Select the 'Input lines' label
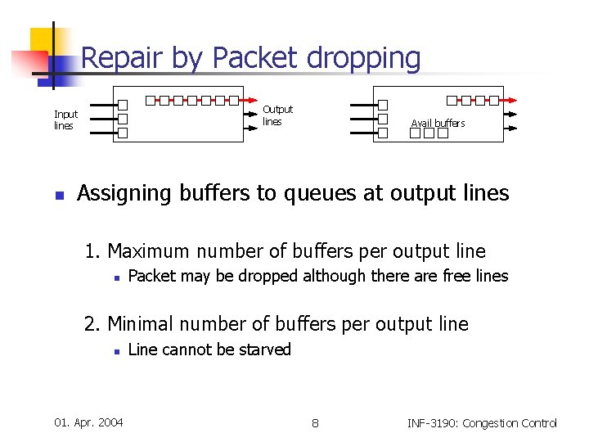(x=65, y=120)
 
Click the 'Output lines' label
(x=277, y=115)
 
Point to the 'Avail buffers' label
(x=438, y=123)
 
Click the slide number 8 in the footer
(x=315, y=422)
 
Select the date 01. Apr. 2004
(x=88, y=422)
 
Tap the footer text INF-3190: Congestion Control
(x=481, y=422)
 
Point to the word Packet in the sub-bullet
(x=152, y=276)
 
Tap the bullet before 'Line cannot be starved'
(x=117, y=351)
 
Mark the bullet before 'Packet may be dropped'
(x=117, y=277)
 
